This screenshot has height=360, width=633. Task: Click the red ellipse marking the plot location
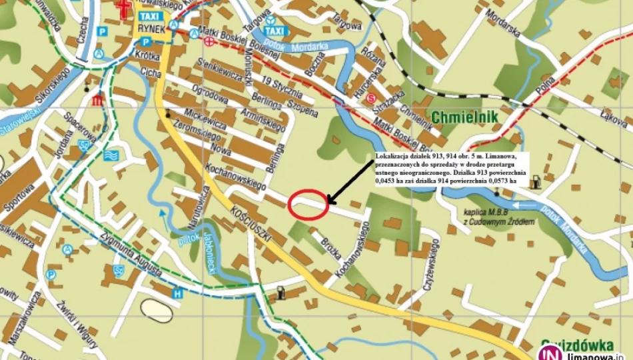pos(309,204)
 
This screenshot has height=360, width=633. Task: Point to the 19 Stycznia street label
pos(283,88)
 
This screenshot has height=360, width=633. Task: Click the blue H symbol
pos(177,293)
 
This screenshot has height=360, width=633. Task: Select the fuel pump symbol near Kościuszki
pos(282,292)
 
